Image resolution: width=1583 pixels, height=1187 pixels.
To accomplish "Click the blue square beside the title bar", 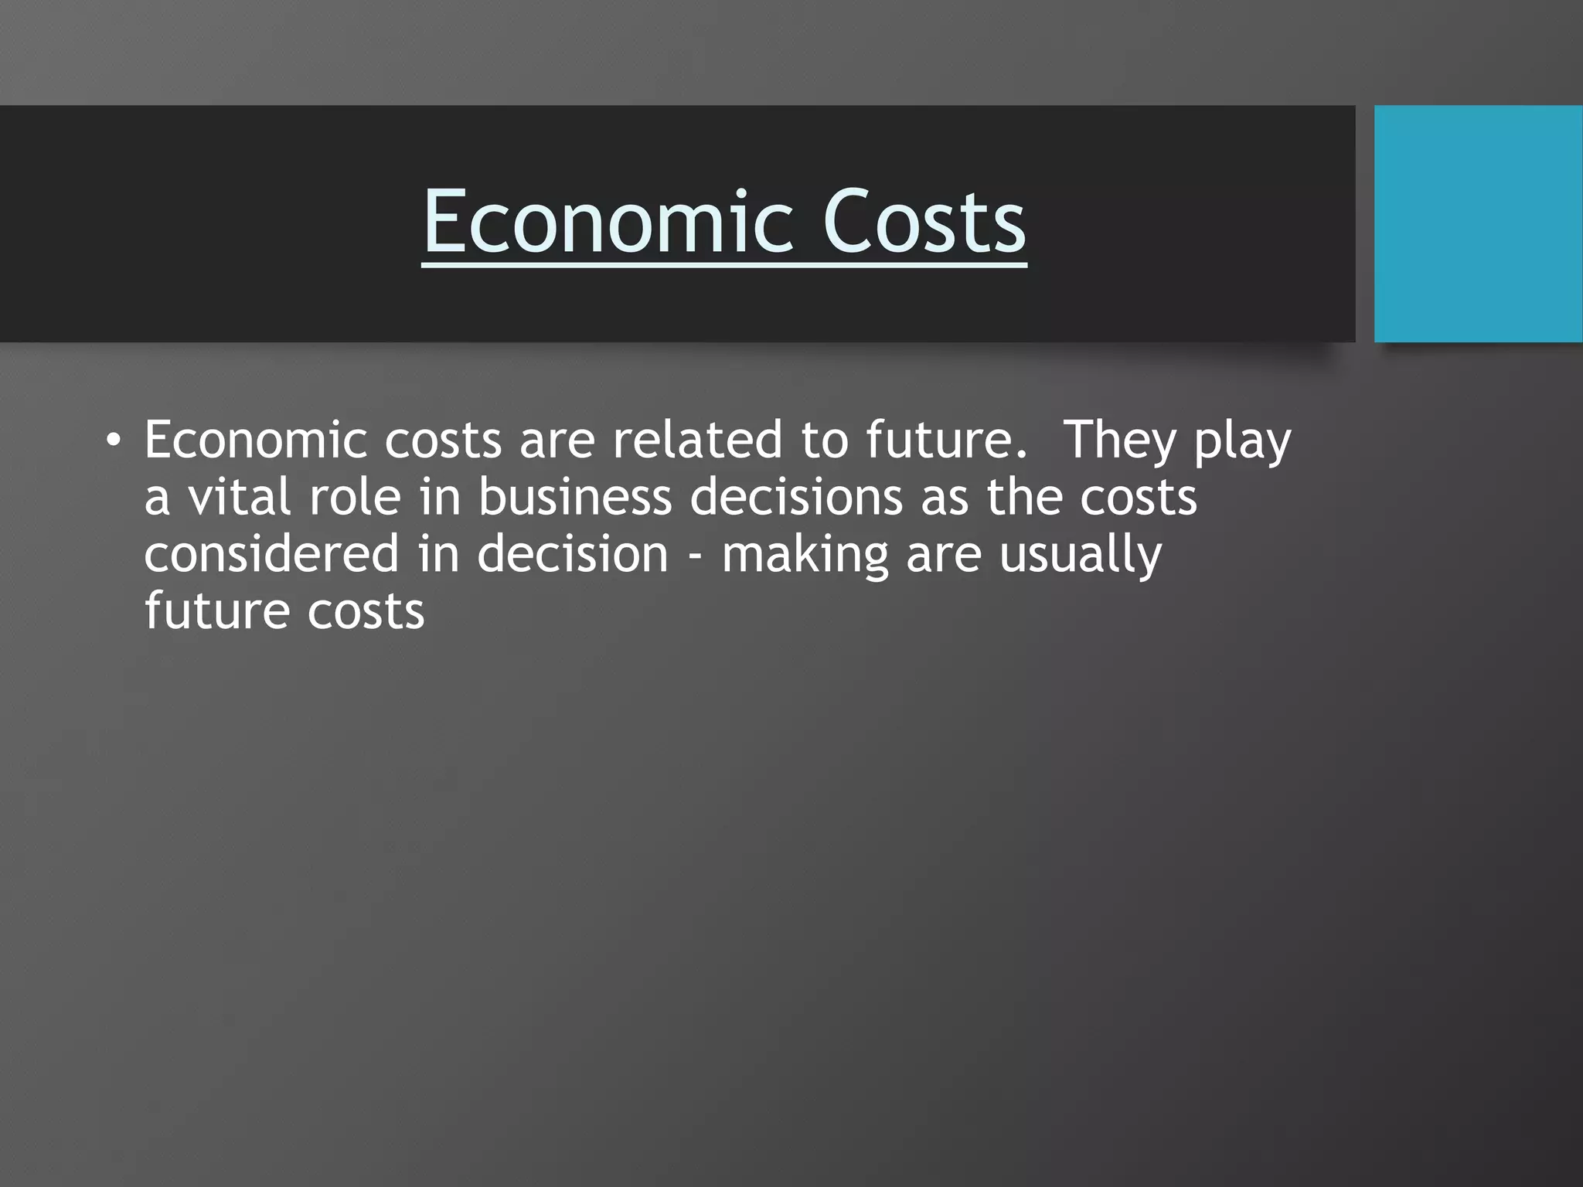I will click(x=1478, y=223).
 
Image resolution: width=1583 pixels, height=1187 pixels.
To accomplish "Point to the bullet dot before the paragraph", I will click(x=114, y=440).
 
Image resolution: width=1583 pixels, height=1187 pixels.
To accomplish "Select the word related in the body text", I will click(x=698, y=440).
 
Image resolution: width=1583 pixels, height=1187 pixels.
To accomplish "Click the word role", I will click(x=355, y=497).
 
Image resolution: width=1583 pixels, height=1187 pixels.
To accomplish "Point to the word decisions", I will click(x=796, y=497).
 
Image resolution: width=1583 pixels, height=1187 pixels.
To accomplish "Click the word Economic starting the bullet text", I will click(x=255, y=440).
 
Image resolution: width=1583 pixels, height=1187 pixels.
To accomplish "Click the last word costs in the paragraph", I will click(x=366, y=611).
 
